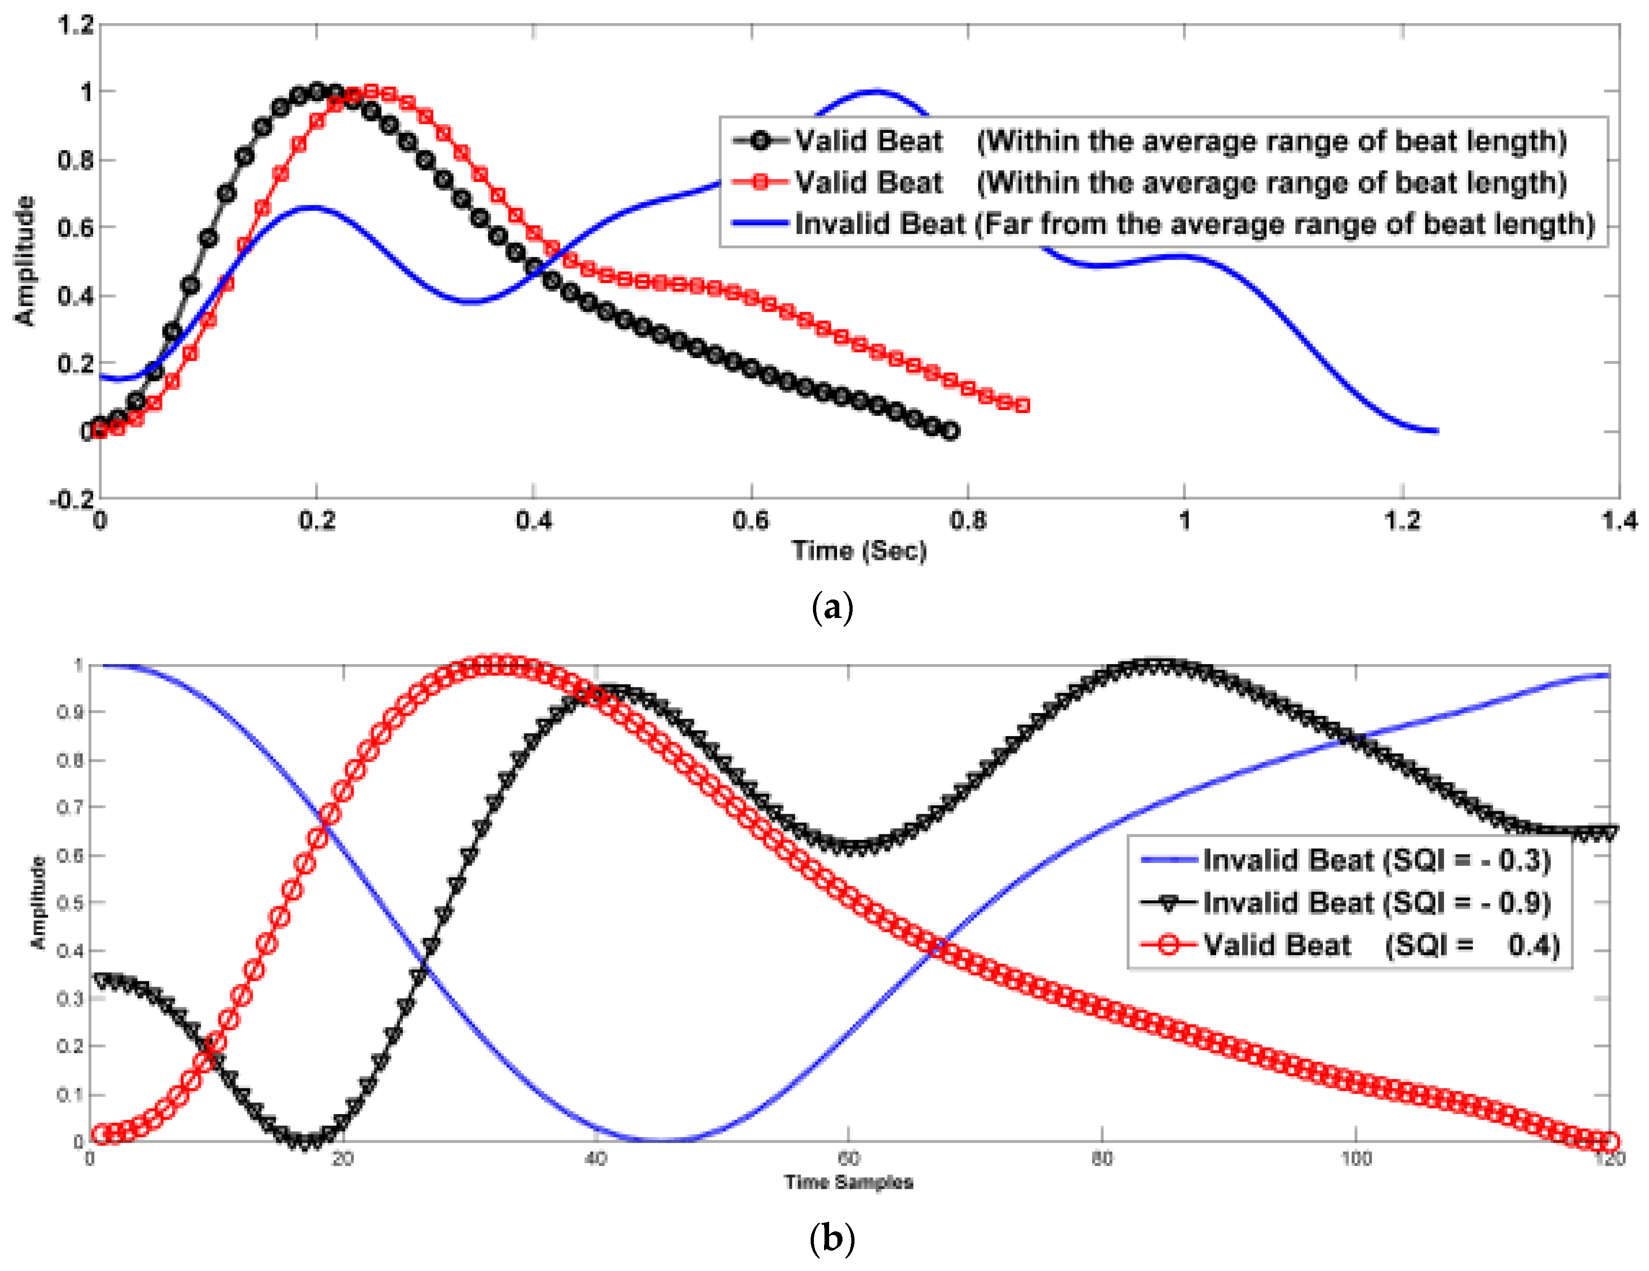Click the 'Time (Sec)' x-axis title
859,551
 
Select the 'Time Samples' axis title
848,1182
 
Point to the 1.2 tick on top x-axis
1402,520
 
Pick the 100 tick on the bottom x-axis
1355,1158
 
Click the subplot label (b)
831,1239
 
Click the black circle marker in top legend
760,140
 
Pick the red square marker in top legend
760,182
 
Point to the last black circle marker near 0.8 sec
950,431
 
